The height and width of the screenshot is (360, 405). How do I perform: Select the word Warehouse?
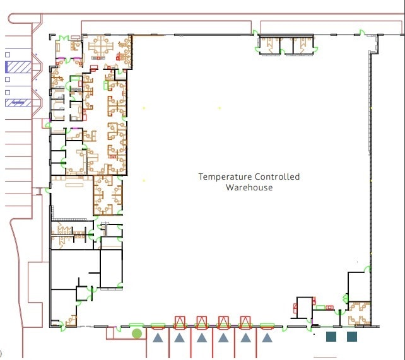coord(249,187)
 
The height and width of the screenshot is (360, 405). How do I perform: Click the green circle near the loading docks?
coord(137,333)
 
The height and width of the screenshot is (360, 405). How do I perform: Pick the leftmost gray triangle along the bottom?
coord(158,338)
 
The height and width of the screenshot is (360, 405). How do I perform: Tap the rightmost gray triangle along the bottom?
coord(267,338)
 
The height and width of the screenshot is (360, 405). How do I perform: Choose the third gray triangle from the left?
coord(201,338)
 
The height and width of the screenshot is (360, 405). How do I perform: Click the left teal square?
coord(331,337)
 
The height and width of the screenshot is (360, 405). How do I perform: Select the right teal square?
coord(352,337)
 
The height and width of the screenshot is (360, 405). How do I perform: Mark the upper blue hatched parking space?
coord(18,66)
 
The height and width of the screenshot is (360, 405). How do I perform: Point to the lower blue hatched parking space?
coord(18,102)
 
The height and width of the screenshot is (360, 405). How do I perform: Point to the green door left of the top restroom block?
coord(255,33)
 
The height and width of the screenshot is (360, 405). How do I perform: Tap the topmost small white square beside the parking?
coord(8,54)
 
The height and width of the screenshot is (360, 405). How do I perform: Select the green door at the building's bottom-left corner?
coord(62,325)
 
